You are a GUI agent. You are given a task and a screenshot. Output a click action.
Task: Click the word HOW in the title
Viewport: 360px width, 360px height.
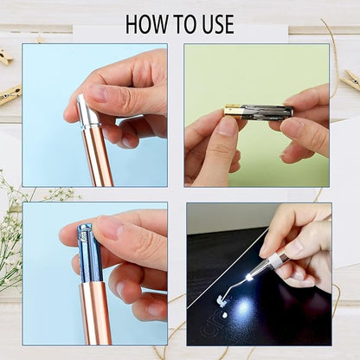click(x=147, y=24)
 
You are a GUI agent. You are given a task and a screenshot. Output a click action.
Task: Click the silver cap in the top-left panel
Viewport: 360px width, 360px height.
click(x=87, y=112)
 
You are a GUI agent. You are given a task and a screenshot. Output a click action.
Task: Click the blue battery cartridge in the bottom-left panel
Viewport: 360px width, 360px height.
click(x=87, y=251)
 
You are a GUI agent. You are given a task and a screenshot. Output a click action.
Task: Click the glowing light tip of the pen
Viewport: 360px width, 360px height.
click(x=249, y=277)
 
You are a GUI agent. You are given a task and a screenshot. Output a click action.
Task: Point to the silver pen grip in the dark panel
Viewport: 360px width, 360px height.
click(x=275, y=259)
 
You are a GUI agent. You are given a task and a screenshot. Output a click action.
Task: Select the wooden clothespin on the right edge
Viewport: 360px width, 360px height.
click(x=350, y=80)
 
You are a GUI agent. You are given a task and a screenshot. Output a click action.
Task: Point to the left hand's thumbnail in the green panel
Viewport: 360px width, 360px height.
click(x=223, y=128)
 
